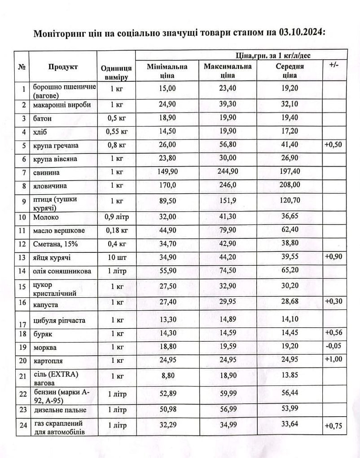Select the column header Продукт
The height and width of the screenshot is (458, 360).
click(63, 67)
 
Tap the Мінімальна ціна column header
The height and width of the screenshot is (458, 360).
click(167, 71)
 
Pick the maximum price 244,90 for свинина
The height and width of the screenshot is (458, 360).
click(228, 171)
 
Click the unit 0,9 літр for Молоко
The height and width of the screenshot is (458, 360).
click(116, 217)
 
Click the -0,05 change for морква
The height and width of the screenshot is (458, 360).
click(334, 347)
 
